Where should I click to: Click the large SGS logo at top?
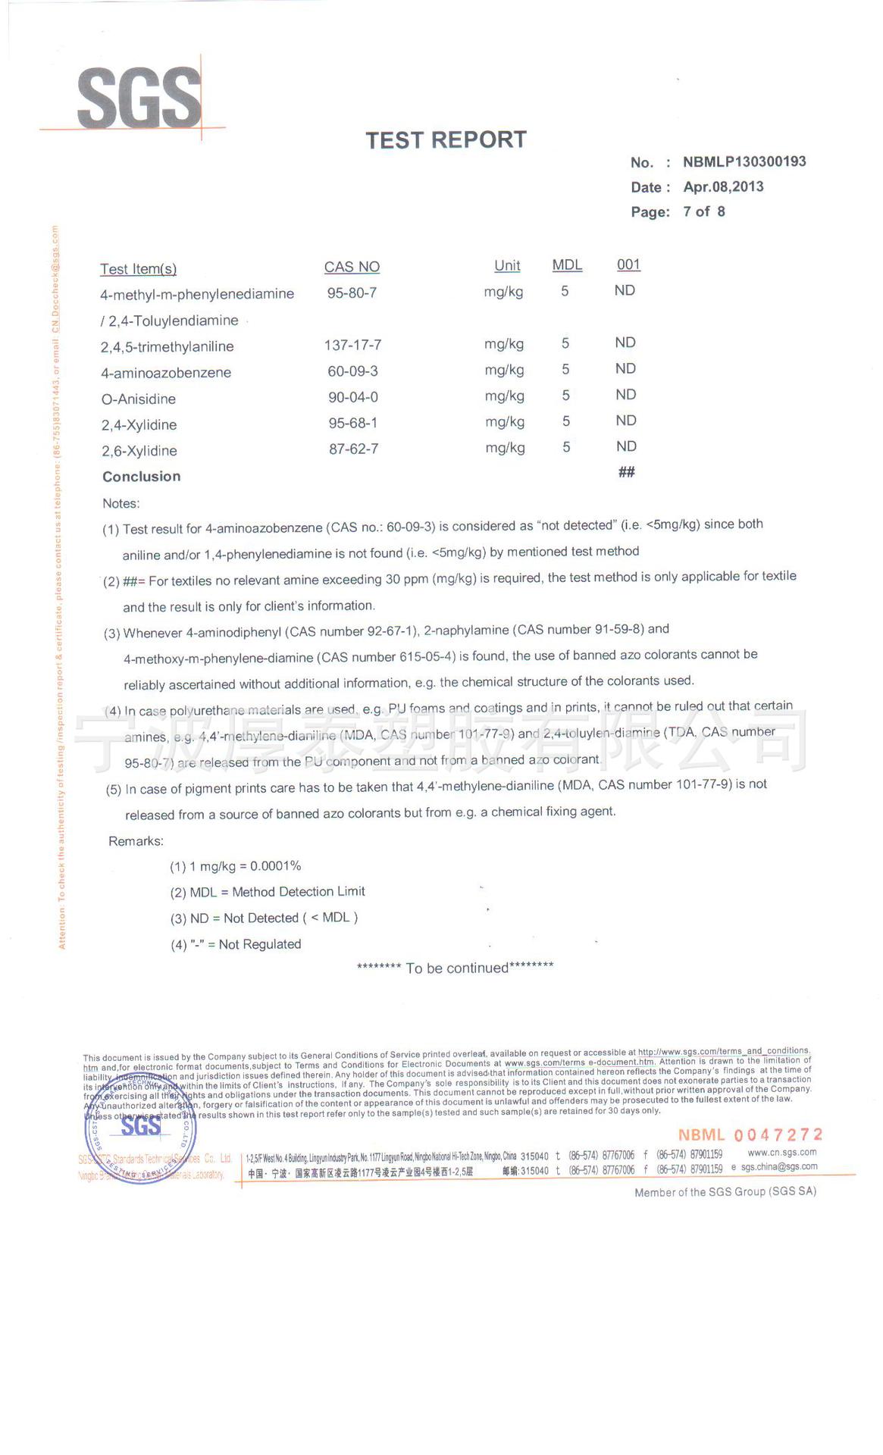click(x=139, y=99)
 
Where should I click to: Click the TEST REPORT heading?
click(x=446, y=140)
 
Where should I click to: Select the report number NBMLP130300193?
click(x=744, y=161)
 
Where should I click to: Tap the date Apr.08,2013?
click(x=723, y=186)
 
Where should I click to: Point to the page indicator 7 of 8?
click(x=703, y=211)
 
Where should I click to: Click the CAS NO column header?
click(x=352, y=267)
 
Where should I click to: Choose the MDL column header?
click(x=567, y=264)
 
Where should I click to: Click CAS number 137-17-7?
click(x=352, y=345)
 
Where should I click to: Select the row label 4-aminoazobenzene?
click(x=166, y=373)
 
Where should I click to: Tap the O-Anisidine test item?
click(x=139, y=399)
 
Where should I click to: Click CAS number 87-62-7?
click(x=353, y=449)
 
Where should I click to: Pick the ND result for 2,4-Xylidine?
click(x=625, y=421)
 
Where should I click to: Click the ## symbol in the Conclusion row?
click(x=626, y=472)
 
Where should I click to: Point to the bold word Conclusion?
click(x=142, y=477)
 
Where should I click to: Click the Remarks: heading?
click(x=136, y=841)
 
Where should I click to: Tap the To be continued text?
click(x=456, y=968)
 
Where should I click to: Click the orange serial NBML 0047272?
click(x=750, y=1134)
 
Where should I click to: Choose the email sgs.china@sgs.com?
click(x=778, y=1167)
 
